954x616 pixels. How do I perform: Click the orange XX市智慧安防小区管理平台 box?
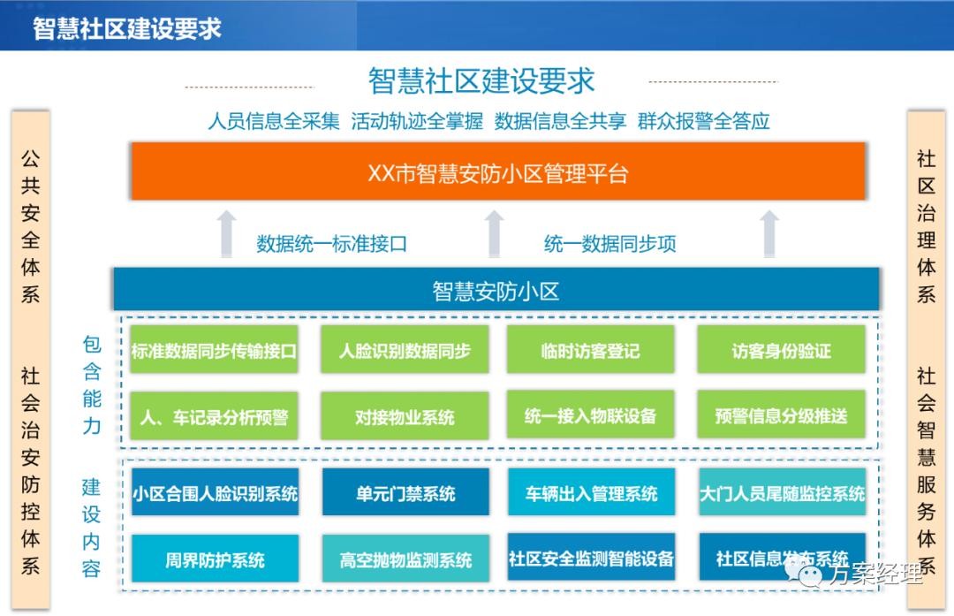(497, 172)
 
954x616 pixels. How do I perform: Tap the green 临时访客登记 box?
(590, 350)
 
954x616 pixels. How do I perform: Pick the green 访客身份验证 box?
(781, 350)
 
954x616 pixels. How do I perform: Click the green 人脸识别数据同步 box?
(405, 350)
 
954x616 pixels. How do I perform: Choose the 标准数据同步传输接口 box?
(214, 350)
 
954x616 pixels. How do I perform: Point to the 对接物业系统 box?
(405, 416)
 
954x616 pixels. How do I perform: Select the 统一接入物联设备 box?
(590, 416)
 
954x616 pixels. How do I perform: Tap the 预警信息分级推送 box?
(781, 416)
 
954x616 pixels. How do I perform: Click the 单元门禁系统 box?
(405, 493)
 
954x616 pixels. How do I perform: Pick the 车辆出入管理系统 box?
(591, 493)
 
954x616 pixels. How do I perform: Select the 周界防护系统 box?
(215, 559)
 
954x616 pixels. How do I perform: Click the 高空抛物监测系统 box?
(405, 559)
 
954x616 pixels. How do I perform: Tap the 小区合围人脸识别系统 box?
(215, 493)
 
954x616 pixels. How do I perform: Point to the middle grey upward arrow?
(495, 234)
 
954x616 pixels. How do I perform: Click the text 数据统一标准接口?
(332, 243)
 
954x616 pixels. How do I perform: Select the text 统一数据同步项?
(609, 243)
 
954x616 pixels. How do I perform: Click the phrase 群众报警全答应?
(703, 121)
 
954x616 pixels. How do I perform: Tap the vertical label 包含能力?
(92, 384)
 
